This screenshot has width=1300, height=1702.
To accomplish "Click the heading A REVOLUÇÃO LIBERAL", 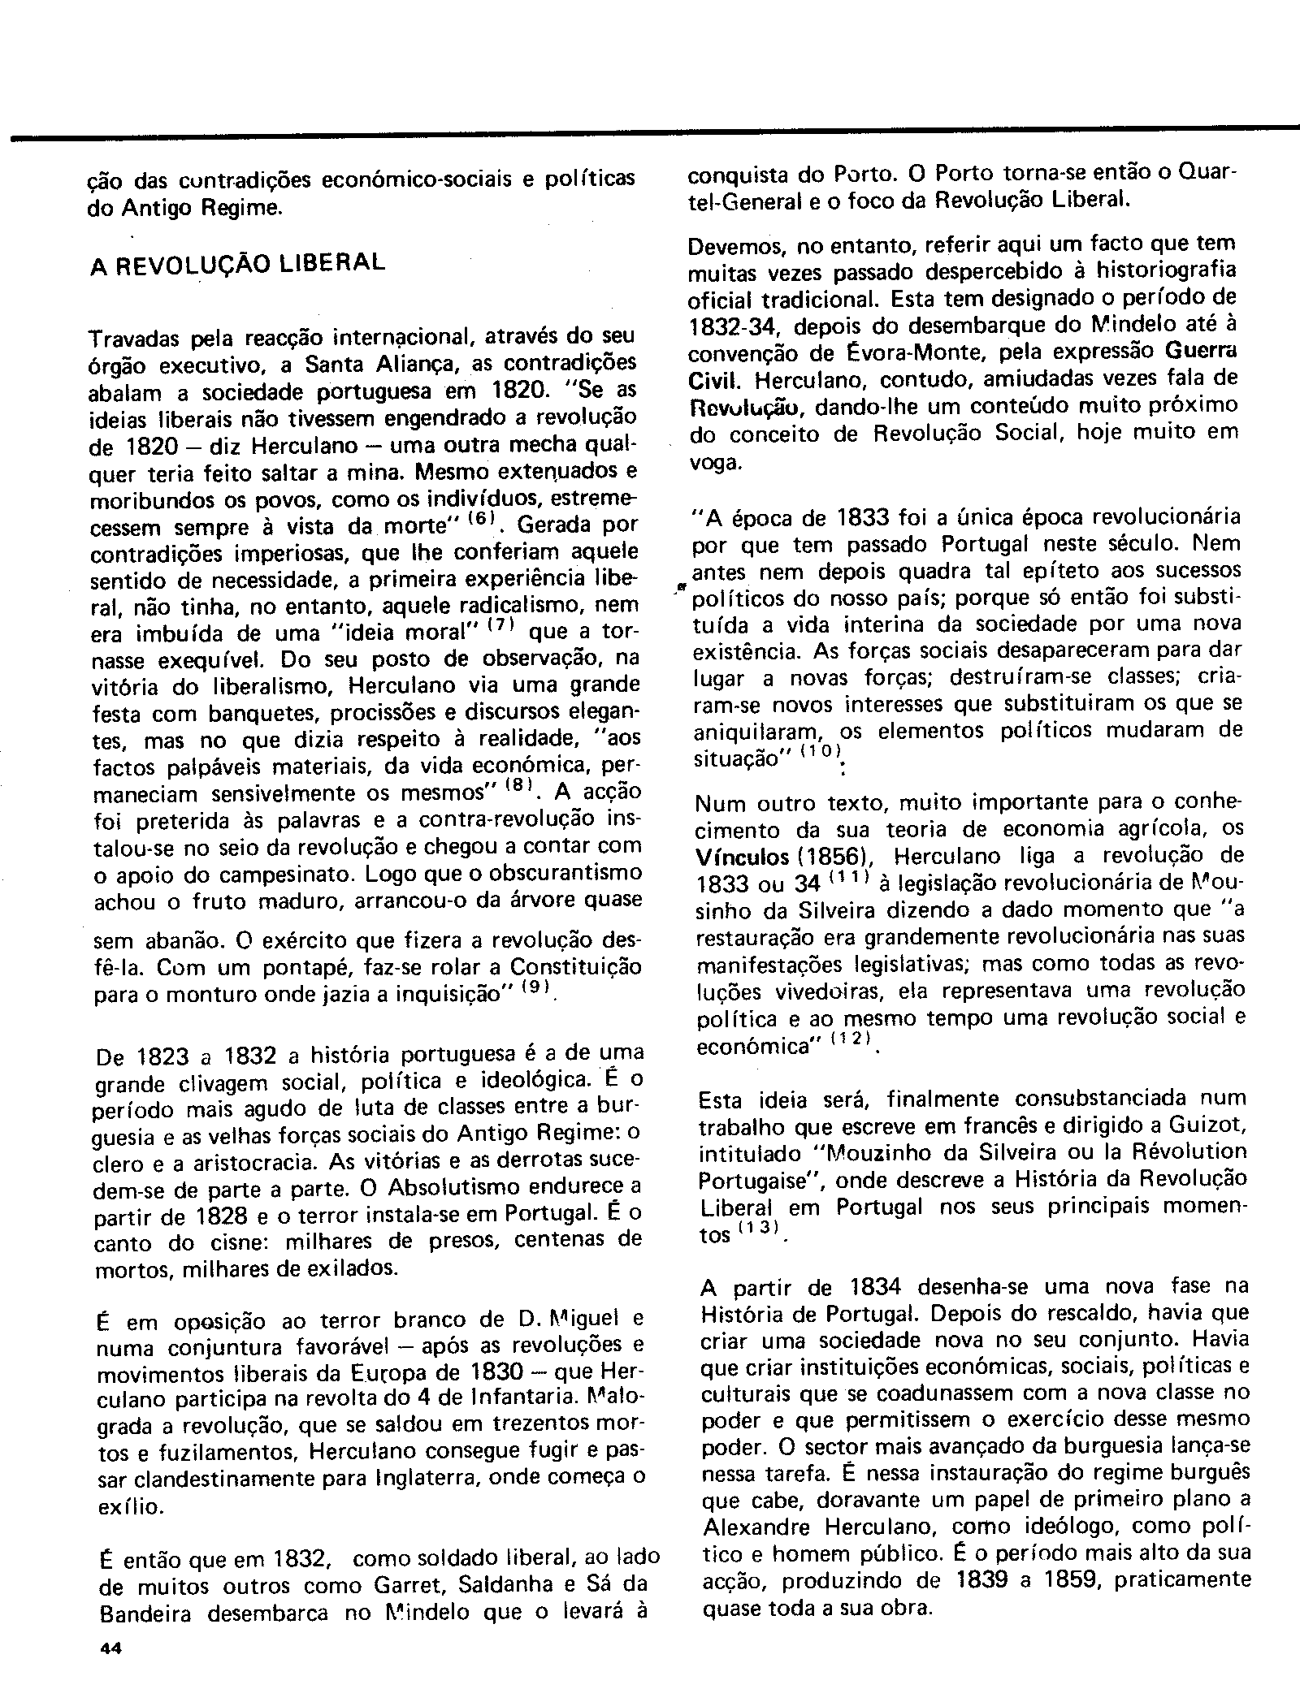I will tap(236, 265).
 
